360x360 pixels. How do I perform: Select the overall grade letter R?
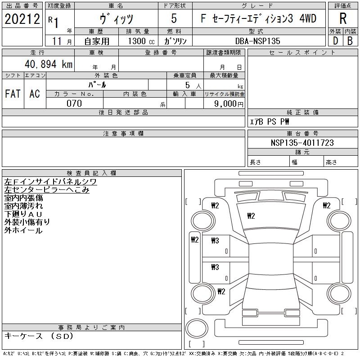tap(343, 19)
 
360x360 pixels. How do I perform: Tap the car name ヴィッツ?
tap(116, 19)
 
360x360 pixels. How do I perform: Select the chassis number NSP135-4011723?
tap(302, 143)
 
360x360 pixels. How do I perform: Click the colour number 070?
tap(74, 103)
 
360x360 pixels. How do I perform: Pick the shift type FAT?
tap(13, 94)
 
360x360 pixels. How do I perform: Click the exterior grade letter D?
tap(335, 40)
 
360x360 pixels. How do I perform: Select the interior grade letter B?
tap(350, 40)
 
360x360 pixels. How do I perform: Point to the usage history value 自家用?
tap(97, 41)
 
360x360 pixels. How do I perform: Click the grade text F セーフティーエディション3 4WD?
tap(258, 19)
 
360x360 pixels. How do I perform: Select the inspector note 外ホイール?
tap(23, 230)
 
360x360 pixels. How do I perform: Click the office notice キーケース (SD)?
tap(38, 336)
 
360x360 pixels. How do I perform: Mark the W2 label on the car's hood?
tap(251, 216)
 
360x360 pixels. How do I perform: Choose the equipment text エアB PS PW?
tap(270, 121)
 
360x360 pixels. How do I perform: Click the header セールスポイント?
tap(302, 53)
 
